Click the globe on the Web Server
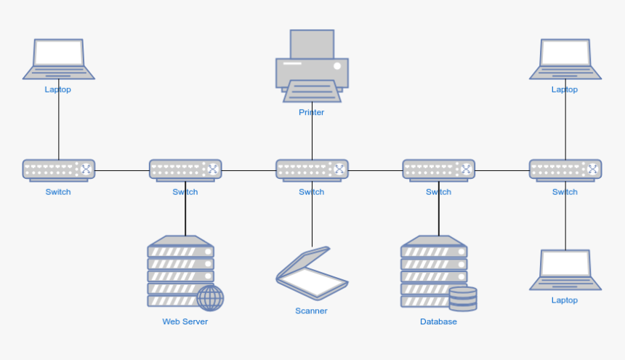pyautogui.click(x=210, y=297)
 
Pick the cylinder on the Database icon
pyautogui.click(x=463, y=299)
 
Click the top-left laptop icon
pyautogui.click(x=58, y=60)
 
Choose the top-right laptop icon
pyautogui.click(x=565, y=60)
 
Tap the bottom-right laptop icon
pyautogui.click(x=565, y=270)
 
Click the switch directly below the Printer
pyautogui.click(x=312, y=170)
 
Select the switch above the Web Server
pyautogui.click(x=185, y=170)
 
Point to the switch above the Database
pyautogui.click(x=438, y=170)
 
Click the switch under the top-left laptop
pyautogui.click(x=58, y=170)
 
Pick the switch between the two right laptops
pyautogui.click(x=565, y=170)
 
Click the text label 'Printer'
pyautogui.click(x=312, y=113)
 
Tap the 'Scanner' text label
pyautogui.click(x=311, y=311)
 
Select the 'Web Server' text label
pyautogui.click(x=185, y=321)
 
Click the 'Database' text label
pyautogui.click(x=438, y=321)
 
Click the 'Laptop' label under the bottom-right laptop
pyautogui.click(x=565, y=300)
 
